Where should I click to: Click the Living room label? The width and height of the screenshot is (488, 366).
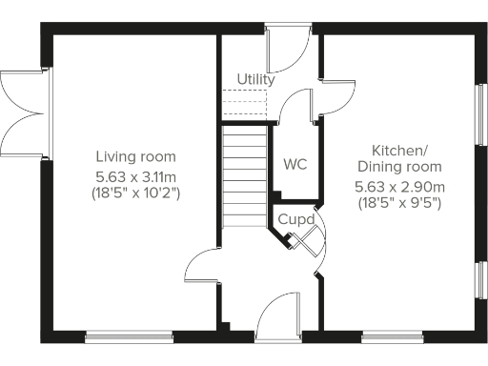click(136, 156)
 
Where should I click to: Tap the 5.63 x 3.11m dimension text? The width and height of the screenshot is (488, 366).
click(136, 175)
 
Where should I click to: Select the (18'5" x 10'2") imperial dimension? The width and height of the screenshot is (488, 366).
click(136, 193)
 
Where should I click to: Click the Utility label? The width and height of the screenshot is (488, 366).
click(255, 80)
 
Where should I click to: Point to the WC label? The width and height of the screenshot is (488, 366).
click(295, 164)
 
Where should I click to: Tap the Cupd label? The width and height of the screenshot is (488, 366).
click(291, 219)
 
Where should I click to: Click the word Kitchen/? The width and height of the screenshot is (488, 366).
click(400, 151)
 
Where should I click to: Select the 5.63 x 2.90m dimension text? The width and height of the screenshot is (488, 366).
click(400, 186)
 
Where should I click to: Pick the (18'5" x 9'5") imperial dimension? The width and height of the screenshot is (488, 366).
click(400, 203)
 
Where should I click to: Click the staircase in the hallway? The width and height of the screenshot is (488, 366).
click(245, 176)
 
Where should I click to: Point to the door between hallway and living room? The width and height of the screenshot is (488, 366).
click(203, 268)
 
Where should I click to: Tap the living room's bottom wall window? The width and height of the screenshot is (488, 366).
click(129, 335)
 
